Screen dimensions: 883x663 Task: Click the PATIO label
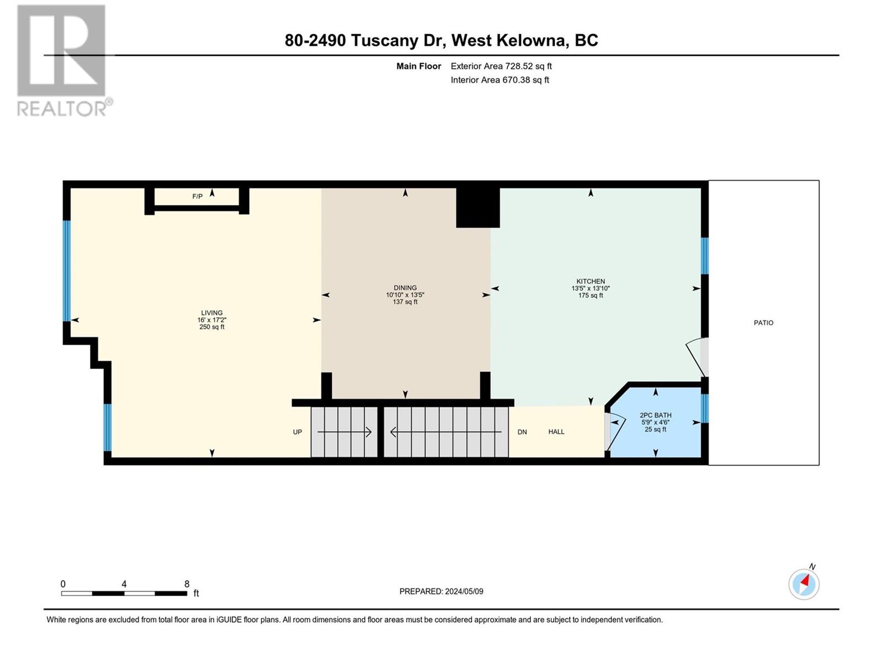tap(763, 323)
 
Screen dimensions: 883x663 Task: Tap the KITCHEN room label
tap(590, 281)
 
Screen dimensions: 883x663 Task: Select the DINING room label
tap(405, 288)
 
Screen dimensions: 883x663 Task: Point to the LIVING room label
tap(211, 313)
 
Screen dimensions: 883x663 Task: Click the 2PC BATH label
tap(655, 415)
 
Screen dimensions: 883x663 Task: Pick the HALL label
tap(556, 432)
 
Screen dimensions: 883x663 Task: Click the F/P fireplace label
tap(197, 197)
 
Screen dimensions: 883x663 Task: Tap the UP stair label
tap(297, 432)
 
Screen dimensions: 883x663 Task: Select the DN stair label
tap(522, 432)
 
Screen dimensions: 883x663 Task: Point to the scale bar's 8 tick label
tap(187, 583)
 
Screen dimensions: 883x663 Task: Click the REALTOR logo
tap(62, 60)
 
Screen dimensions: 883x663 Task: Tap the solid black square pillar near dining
tap(477, 208)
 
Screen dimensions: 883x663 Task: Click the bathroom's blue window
tap(704, 408)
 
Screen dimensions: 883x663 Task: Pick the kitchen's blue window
tap(704, 256)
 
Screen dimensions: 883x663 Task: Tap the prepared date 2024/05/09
tap(464, 591)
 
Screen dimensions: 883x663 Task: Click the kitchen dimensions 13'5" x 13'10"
tap(590, 288)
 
